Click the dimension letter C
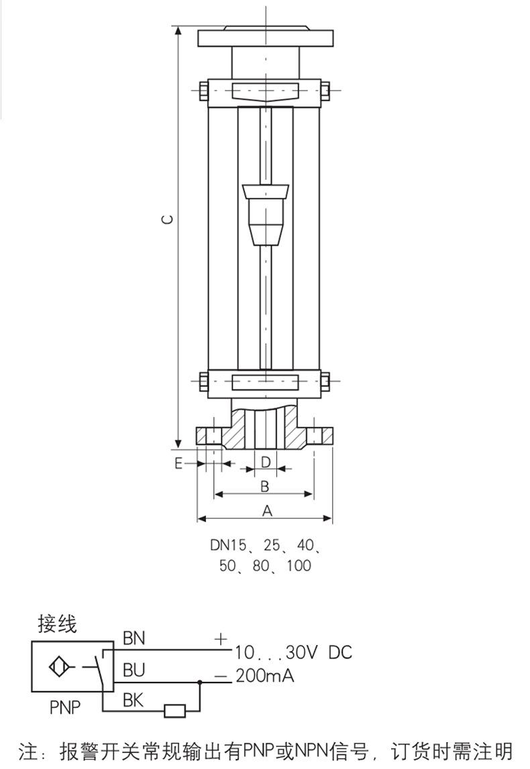click(x=168, y=219)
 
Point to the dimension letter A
click(x=267, y=511)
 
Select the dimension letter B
click(x=265, y=487)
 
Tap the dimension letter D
click(x=266, y=462)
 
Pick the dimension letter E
click(x=178, y=463)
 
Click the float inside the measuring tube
click(x=266, y=215)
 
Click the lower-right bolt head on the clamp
click(x=326, y=381)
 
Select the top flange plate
click(x=266, y=38)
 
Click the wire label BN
click(x=134, y=638)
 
